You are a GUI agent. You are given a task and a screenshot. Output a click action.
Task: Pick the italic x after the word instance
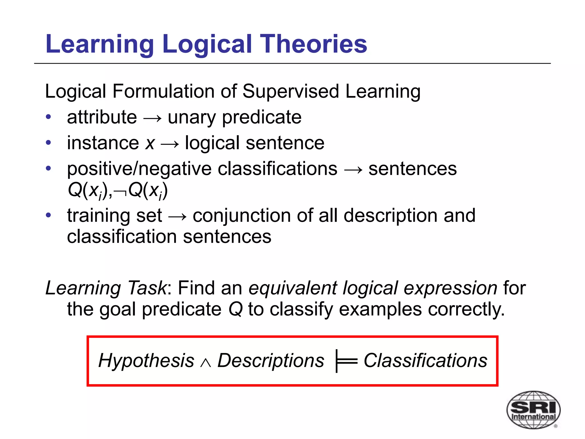pos(150,143)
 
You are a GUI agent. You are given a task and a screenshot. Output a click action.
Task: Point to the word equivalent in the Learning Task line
pos(293,288)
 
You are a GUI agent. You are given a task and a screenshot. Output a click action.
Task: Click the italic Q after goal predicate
pos(236,309)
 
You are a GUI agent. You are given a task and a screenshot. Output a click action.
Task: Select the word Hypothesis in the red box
pos(146,360)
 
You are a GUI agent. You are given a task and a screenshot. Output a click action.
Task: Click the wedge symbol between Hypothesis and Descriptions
pos(206,363)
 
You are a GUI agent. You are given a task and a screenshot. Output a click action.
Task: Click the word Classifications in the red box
pos(425,360)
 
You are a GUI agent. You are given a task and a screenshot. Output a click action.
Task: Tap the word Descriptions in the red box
pos(271,361)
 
